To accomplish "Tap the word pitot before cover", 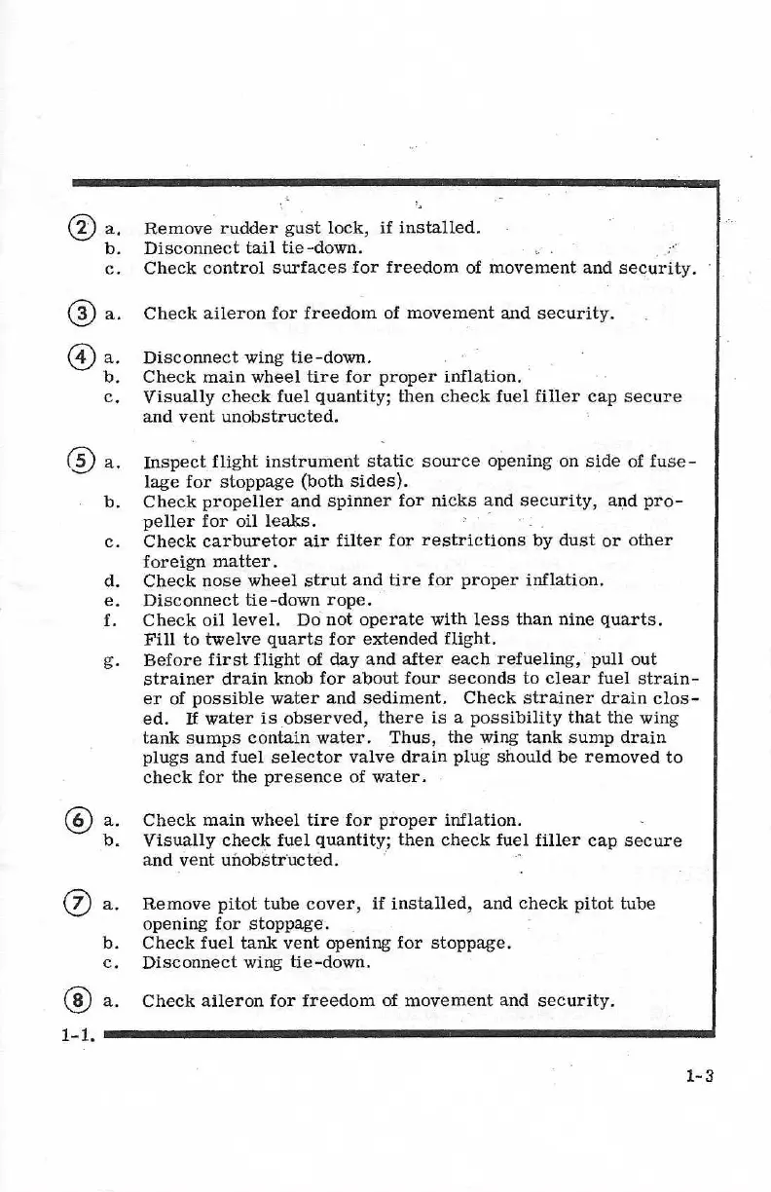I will [229, 904].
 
